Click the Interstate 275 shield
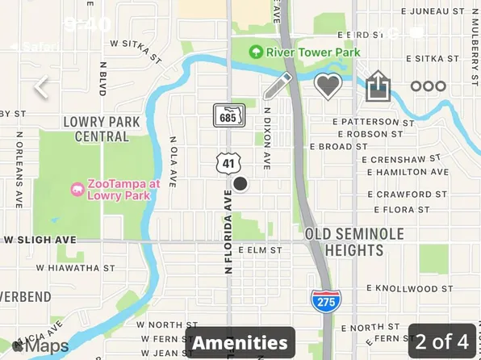click(x=325, y=300)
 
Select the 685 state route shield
click(x=228, y=116)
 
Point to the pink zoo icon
click(x=77, y=190)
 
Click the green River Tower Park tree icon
click(x=256, y=52)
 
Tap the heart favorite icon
click(x=328, y=86)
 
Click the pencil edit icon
click(x=278, y=86)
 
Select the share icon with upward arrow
click(x=378, y=86)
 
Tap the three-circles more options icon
click(x=428, y=86)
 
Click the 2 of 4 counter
click(x=442, y=341)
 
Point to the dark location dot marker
click(x=240, y=184)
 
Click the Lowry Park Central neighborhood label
click(x=102, y=129)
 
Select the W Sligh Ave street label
click(x=40, y=240)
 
